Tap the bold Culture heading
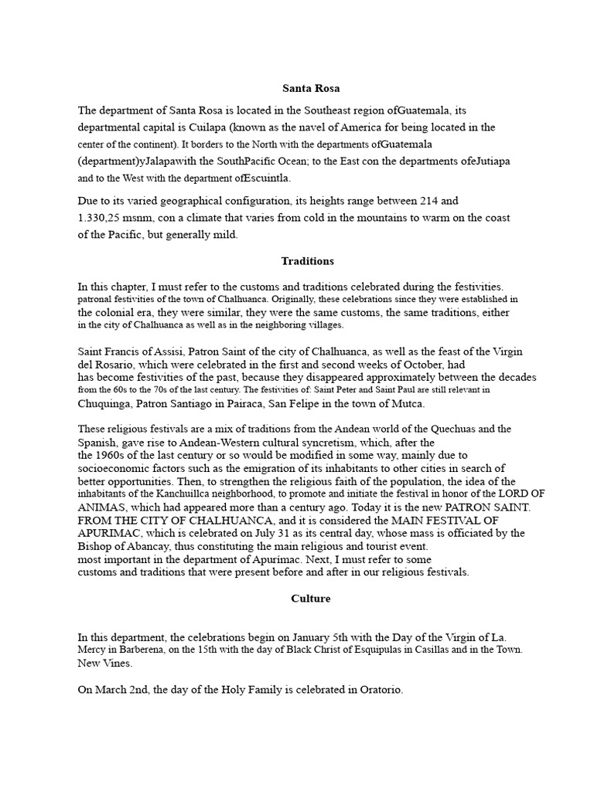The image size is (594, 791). click(x=311, y=598)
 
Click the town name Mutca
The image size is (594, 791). click(x=408, y=402)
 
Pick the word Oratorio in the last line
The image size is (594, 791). click(x=378, y=689)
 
